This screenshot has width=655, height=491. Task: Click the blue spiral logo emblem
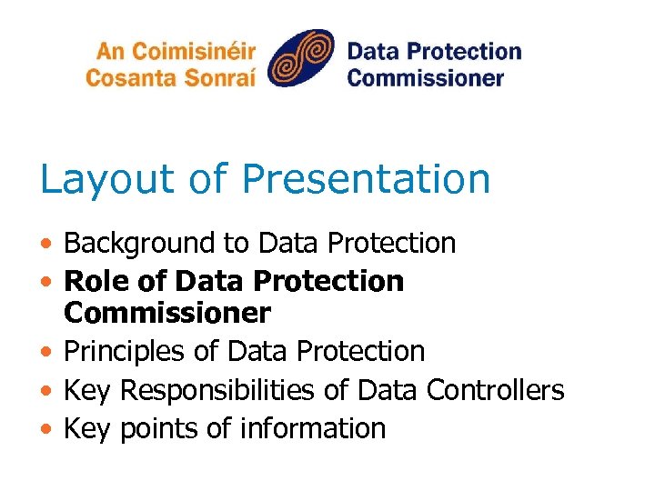301,58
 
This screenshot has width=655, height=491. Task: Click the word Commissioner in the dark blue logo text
425,77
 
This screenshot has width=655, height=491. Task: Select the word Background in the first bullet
139,244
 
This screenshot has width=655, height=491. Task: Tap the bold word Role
94,281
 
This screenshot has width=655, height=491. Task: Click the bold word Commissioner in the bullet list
167,314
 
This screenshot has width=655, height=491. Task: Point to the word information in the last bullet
313,428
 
